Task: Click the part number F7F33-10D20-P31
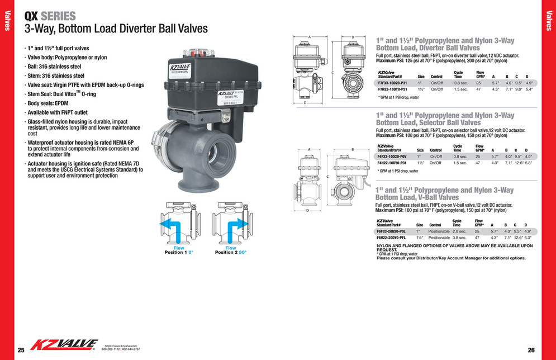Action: coord(392,83)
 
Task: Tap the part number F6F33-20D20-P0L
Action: coord(393,231)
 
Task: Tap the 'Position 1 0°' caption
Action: coord(178,252)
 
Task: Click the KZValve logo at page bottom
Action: coord(64,345)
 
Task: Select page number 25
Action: coord(21,350)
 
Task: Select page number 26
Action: coord(531,350)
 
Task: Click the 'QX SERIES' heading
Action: coord(50,16)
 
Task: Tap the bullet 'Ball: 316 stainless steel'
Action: coord(56,66)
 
